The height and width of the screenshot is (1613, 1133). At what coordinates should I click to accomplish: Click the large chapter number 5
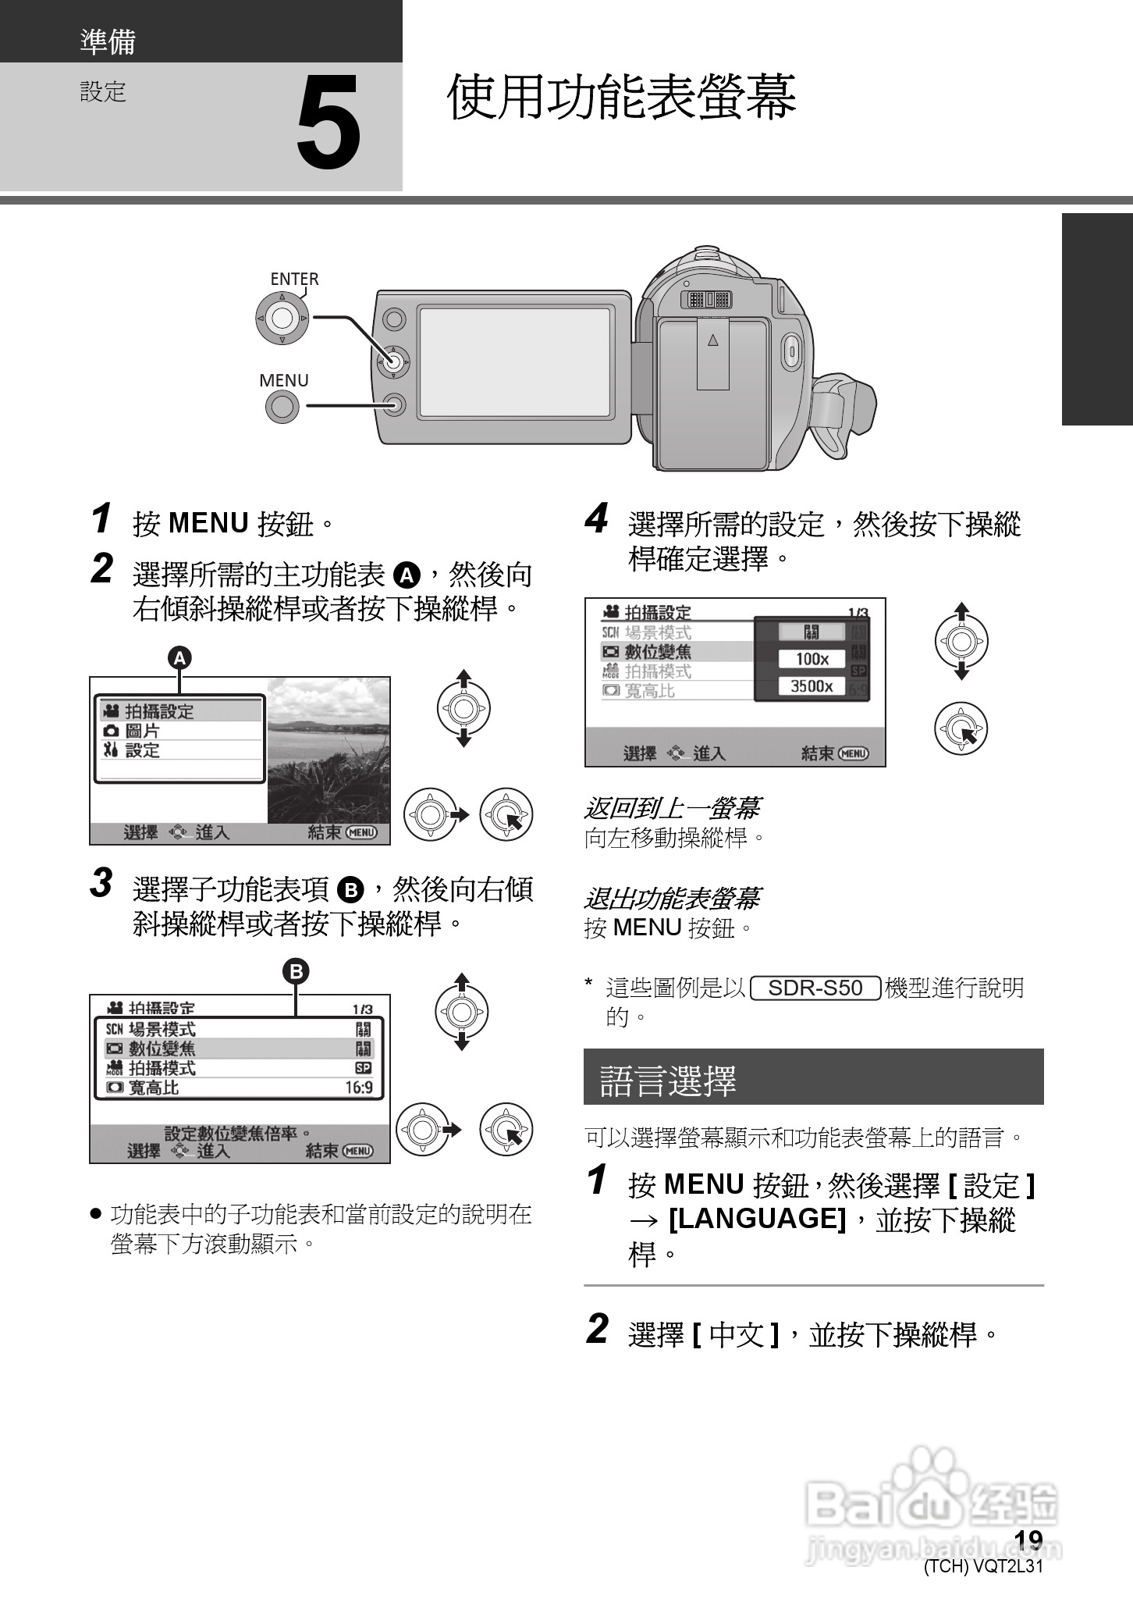pos(329,124)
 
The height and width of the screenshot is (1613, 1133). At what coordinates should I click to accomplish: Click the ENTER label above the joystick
pos(294,279)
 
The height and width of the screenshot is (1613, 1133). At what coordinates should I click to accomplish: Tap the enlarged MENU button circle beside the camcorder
pos(282,406)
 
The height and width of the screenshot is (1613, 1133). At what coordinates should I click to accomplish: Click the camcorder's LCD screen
pos(514,362)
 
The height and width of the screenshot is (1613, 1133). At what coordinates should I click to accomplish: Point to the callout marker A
pos(180,658)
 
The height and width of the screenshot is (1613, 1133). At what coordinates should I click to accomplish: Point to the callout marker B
pos(296,971)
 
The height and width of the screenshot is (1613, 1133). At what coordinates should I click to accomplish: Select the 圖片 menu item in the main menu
pos(142,731)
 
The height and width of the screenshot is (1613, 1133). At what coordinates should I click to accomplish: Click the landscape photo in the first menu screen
pos(329,750)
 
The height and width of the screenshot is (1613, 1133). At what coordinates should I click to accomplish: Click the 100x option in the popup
pos(812,659)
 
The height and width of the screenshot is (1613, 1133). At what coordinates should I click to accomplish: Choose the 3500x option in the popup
pos(812,686)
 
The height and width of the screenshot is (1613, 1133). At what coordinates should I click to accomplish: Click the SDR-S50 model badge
pos(815,988)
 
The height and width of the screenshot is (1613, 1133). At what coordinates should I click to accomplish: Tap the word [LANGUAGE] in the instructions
pos(758,1219)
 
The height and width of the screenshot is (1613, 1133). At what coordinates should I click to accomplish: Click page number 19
pos(1028,1539)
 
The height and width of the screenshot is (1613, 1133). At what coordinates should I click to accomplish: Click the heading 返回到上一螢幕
pos(672,808)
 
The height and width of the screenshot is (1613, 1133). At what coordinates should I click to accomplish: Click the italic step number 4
pos(596,519)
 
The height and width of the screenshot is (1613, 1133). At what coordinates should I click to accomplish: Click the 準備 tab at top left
pos(108,41)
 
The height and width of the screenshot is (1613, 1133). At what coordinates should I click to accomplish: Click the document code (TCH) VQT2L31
pos(983,1567)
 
